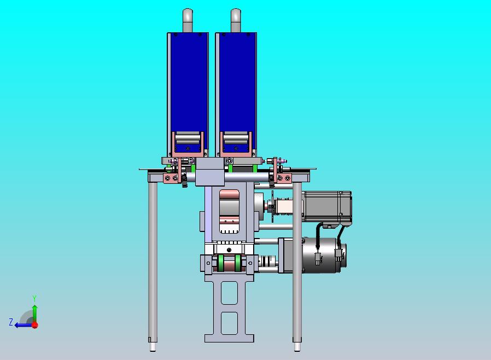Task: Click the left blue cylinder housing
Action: pyautogui.click(x=188, y=82)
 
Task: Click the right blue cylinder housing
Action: pyautogui.click(x=236, y=82)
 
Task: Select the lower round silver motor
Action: pyautogui.click(x=322, y=254)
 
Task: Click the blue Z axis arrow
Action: pyautogui.click(x=23, y=324)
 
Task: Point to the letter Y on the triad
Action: pyautogui.click(x=34, y=298)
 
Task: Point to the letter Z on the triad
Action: pyautogui.click(x=11, y=322)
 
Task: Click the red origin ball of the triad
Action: pyautogui.click(x=34, y=324)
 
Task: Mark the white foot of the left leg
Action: pyautogui.click(x=153, y=346)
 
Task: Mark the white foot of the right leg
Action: pyautogui.click(x=297, y=346)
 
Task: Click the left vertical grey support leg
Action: pyautogui.click(x=153, y=257)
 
